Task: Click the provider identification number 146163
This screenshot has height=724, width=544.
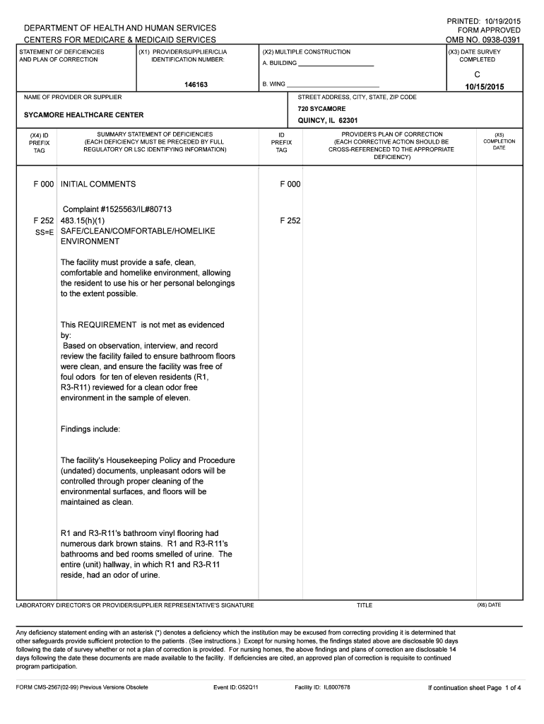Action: (197, 84)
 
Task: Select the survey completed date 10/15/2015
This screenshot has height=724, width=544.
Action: (484, 86)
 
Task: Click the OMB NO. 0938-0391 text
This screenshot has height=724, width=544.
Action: (483, 40)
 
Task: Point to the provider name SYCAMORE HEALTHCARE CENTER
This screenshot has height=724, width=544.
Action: (83, 115)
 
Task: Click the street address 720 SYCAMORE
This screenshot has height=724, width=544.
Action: (321, 109)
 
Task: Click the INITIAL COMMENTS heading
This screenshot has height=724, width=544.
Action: (98, 184)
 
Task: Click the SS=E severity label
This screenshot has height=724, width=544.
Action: (45, 232)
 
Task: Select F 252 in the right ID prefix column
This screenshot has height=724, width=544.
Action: (290, 221)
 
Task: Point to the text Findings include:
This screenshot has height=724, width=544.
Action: (90, 429)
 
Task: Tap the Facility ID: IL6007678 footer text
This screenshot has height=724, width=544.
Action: (322, 687)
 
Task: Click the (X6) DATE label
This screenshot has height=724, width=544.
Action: (489, 605)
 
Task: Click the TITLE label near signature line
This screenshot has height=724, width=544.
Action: (365, 605)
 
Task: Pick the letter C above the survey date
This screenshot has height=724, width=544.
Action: (478, 74)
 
